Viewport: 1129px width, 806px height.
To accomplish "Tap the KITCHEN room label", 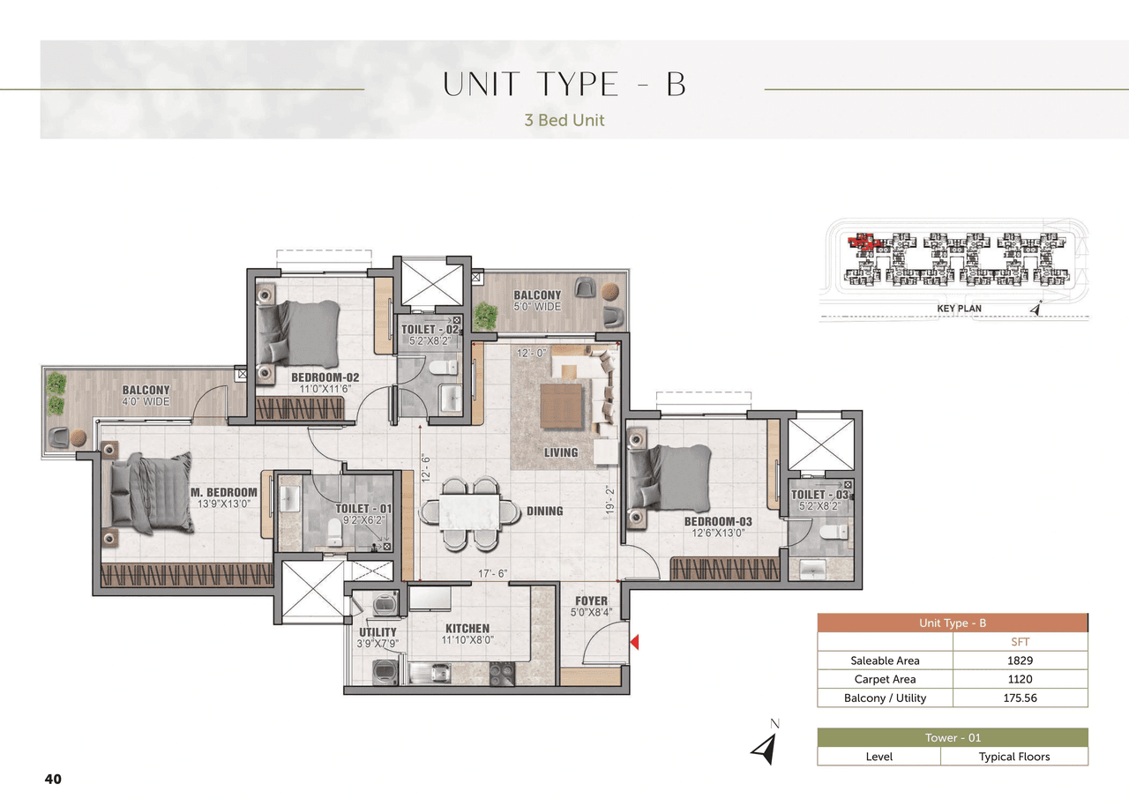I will pyautogui.click(x=467, y=629).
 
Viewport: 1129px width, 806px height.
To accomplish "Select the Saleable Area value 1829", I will pyautogui.click(x=1020, y=660).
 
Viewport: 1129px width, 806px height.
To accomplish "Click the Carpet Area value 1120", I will pyautogui.click(x=1020, y=679).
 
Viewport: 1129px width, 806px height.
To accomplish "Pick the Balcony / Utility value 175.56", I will pyautogui.click(x=1020, y=698).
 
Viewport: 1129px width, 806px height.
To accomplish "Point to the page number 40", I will pyautogui.click(x=53, y=779).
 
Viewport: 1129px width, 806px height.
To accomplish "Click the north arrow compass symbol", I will pyautogui.click(x=764, y=746).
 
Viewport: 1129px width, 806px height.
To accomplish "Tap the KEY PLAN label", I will pyautogui.click(x=958, y=309).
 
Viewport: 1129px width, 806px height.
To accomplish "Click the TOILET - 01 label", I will pyautogui.click(x=363, y=509).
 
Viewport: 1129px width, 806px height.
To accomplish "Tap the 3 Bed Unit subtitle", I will pyautogui.click(x=564, y=120).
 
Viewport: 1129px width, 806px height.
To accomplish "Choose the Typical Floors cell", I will pyautogui.click(x=1014, y=757).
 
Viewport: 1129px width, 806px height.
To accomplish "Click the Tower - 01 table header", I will pyautogui.click(x=953, y=738).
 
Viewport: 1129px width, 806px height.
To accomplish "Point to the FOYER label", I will pyautogui.click(x=591, y=601).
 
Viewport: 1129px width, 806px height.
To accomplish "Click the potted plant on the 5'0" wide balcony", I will pyautogui.click(x=485, y=315).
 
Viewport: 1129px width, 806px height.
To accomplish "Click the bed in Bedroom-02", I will pyautogui.click(x=299, y=333).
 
